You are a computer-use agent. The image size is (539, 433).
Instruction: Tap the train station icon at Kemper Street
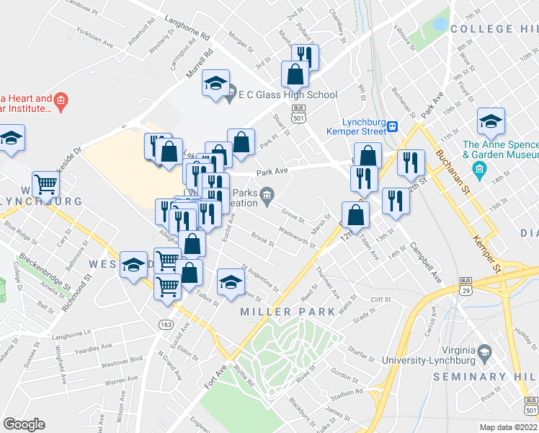point(393,126)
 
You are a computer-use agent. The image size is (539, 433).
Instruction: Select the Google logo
point(24,424)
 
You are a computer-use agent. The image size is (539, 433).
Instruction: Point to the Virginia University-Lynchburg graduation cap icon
point(485,353)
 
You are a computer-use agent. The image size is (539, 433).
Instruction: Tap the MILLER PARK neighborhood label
point(288,312)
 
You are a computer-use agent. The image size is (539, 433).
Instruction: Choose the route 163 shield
point(166,325)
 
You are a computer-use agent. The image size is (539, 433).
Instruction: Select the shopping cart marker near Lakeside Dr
point(45,185)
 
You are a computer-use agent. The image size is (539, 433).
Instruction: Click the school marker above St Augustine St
point(230,282)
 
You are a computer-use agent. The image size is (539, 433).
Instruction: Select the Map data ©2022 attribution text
point(508,427)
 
